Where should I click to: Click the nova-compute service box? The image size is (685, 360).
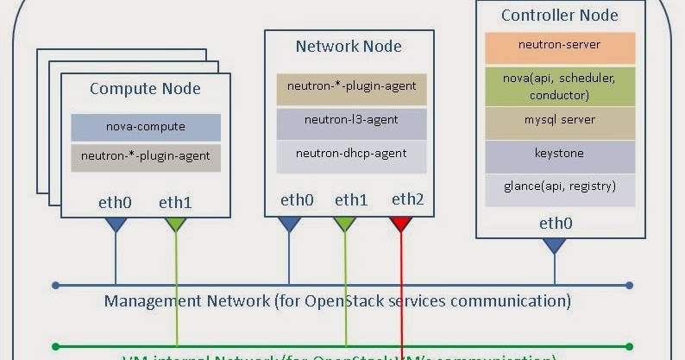click(x=145, y=127)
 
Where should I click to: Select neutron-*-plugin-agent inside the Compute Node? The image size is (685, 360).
click(x=145, y=157)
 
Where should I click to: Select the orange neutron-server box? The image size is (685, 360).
click(x=559, y=46)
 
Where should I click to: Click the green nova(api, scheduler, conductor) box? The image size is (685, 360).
click(x=559, y=86)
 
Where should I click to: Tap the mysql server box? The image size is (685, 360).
click(x=559, y=121)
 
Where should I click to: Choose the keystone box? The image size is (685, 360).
click(x=559, y=155)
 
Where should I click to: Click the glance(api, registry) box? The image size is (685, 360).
click(x=559, y=187)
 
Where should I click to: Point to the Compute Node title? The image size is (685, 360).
click(x=145, y=89)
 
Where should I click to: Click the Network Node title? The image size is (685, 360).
click(x=349, y=47)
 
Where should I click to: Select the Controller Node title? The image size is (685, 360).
click(x=559, y=15)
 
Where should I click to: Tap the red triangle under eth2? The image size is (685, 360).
click(x=400, y=224)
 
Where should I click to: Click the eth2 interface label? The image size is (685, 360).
click(x=407, y=199)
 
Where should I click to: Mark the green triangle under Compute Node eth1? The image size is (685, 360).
click(x=176, y=224)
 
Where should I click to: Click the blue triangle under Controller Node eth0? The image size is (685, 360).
click(x=553, y=245)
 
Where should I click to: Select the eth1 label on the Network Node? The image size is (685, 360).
click(x=351, y=199)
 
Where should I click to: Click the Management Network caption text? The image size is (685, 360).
click(x=336, y=301)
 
